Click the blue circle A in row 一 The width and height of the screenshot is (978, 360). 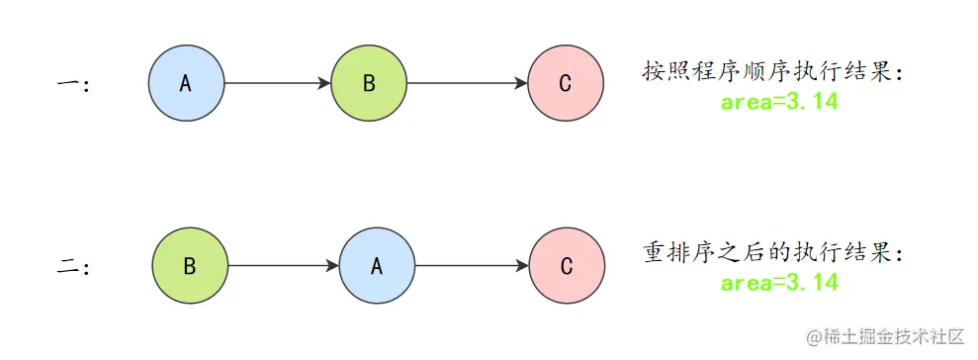coord(186,84)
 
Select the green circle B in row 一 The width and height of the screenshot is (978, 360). coord(369,84)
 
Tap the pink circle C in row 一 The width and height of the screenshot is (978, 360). coord(565,84)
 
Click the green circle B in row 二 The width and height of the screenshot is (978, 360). coord(189,266)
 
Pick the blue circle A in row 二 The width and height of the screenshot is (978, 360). coord(376,266)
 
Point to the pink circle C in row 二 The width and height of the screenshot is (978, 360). coord(566,266)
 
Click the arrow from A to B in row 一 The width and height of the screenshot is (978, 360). coord(277,84)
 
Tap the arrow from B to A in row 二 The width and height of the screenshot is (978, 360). coord(283,266)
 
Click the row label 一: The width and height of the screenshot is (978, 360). coord(73,85)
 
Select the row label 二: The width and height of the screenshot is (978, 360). coord(73,267)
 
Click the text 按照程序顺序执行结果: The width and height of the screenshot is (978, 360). coord(773,71)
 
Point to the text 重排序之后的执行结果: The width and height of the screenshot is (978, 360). coord(773,253)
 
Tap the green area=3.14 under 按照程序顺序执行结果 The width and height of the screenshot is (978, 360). coord(779,102)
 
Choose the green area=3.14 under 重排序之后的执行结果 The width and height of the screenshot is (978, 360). coord(779,284)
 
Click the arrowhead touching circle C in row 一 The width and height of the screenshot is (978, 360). coord(521,84)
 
